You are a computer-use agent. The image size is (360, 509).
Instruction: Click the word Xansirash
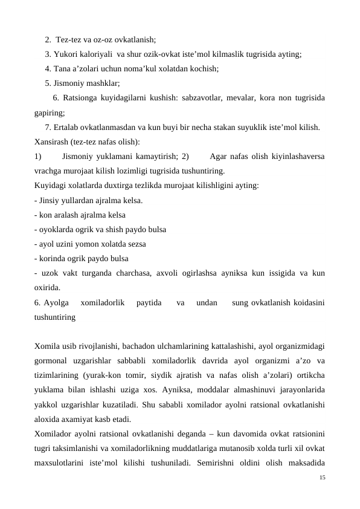tap(52, 142)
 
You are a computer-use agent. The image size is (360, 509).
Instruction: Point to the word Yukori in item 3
tap(66, 54)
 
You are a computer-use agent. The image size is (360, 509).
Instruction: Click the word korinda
tap(53, 258)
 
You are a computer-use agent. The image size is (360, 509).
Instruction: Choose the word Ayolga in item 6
tap(56, 302)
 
